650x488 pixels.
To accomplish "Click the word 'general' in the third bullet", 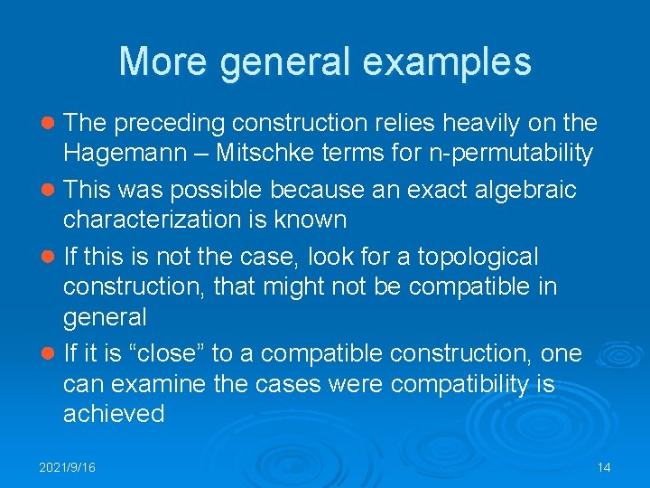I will tap(105, 317).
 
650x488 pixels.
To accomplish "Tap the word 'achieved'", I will tap(114, 414).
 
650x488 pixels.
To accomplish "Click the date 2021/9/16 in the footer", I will tap(68, 467).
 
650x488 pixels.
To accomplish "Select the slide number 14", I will tap(604, 467).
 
